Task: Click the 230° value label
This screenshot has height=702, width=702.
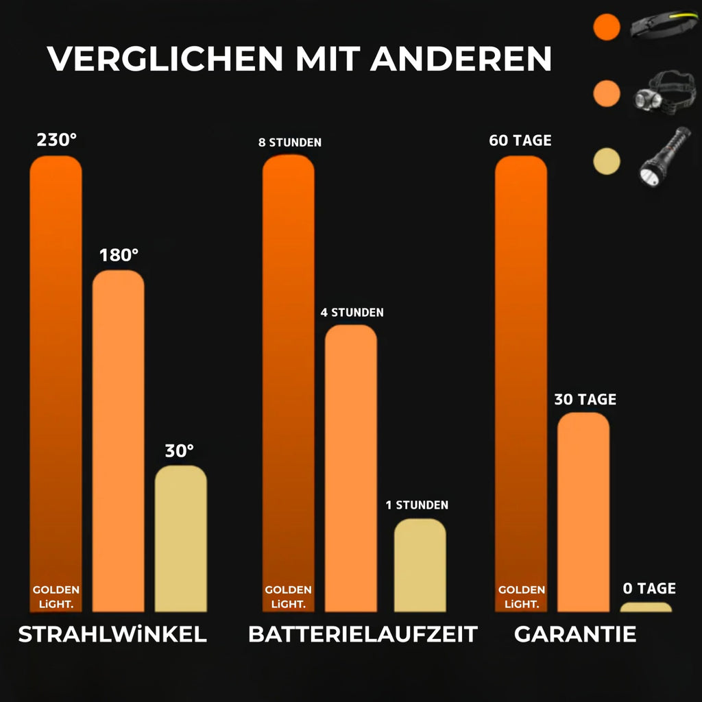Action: tap(56, 140)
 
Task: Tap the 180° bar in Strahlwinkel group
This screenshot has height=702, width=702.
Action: tap(118, 439)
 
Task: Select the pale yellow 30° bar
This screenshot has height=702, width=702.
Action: tap(180, 538)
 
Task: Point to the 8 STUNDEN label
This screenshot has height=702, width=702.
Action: tap(289, 143)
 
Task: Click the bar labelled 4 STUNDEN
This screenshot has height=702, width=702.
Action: tap(350, 466)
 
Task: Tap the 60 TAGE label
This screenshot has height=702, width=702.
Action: tap(520, 141)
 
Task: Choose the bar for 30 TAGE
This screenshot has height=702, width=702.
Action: tap(583, 511)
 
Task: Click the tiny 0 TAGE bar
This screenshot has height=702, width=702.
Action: tap(646, 607)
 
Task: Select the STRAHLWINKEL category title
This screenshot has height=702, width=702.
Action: tap(112, 635)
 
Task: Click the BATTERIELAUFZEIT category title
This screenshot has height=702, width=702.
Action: tap(363, 635)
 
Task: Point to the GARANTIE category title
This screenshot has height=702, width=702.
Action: tap(575, 635)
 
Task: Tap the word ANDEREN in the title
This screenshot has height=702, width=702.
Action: tap(461, 59)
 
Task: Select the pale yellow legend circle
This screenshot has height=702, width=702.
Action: tap(606, 161)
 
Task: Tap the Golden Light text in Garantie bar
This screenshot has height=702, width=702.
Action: tap(521, 596)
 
